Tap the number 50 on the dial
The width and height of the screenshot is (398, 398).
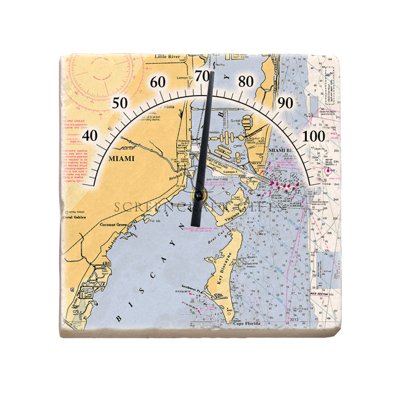(121, 103)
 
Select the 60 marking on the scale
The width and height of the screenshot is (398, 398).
(158, 82)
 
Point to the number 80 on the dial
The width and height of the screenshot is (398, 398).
(246, 81)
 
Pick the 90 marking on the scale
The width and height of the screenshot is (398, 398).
(285, 103)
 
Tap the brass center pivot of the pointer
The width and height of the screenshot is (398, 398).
(198, 195)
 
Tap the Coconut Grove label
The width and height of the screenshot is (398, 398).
(112, 225)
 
